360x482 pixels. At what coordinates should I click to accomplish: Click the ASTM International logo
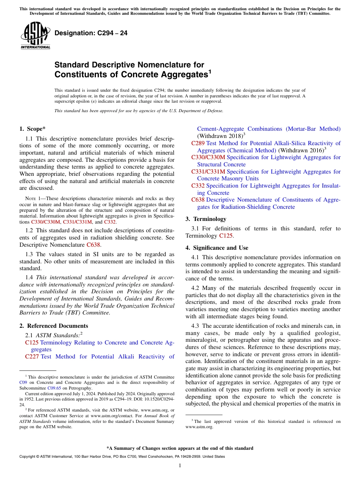pos(35,36)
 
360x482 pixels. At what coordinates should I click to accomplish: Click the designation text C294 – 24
pos(91,33)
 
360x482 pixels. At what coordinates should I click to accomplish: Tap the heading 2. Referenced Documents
pos(53,326)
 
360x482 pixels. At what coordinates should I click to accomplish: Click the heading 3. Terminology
pos(206,219)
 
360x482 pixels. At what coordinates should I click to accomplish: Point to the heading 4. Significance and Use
pos(217,248)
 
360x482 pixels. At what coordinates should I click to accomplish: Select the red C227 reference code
pos(32,357)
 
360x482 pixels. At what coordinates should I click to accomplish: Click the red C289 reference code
pos(198,143)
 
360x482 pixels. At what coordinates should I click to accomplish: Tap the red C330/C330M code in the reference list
pos(208,157)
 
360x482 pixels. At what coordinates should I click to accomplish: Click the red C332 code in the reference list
pos(198,186)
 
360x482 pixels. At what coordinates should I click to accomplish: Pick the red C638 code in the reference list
pos(198,200)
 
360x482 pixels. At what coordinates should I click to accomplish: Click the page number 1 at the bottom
pos(180,466)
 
